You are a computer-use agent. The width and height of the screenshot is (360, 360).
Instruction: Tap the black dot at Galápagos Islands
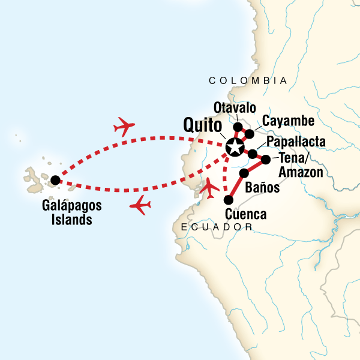click(x=55, y=179)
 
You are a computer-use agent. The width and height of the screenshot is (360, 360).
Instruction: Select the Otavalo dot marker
click(x=238, y=127)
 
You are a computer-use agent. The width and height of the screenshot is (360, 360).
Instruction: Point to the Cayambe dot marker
click(x=249, y=133)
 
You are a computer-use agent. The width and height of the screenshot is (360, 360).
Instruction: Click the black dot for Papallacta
click(x=253, y=154)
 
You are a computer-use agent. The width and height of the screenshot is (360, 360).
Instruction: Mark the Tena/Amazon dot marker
click(x=266, y=160)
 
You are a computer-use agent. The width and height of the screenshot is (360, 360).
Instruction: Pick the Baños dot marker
click(x=244, y=173)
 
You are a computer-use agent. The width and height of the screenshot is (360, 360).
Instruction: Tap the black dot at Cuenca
click(x=227, y=200)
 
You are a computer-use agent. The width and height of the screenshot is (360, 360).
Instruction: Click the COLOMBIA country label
click(x=247, y=80)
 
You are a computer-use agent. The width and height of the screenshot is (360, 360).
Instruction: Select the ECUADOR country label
click(x=217, y=227)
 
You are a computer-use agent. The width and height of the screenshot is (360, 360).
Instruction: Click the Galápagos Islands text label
click(x=63, y=212)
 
